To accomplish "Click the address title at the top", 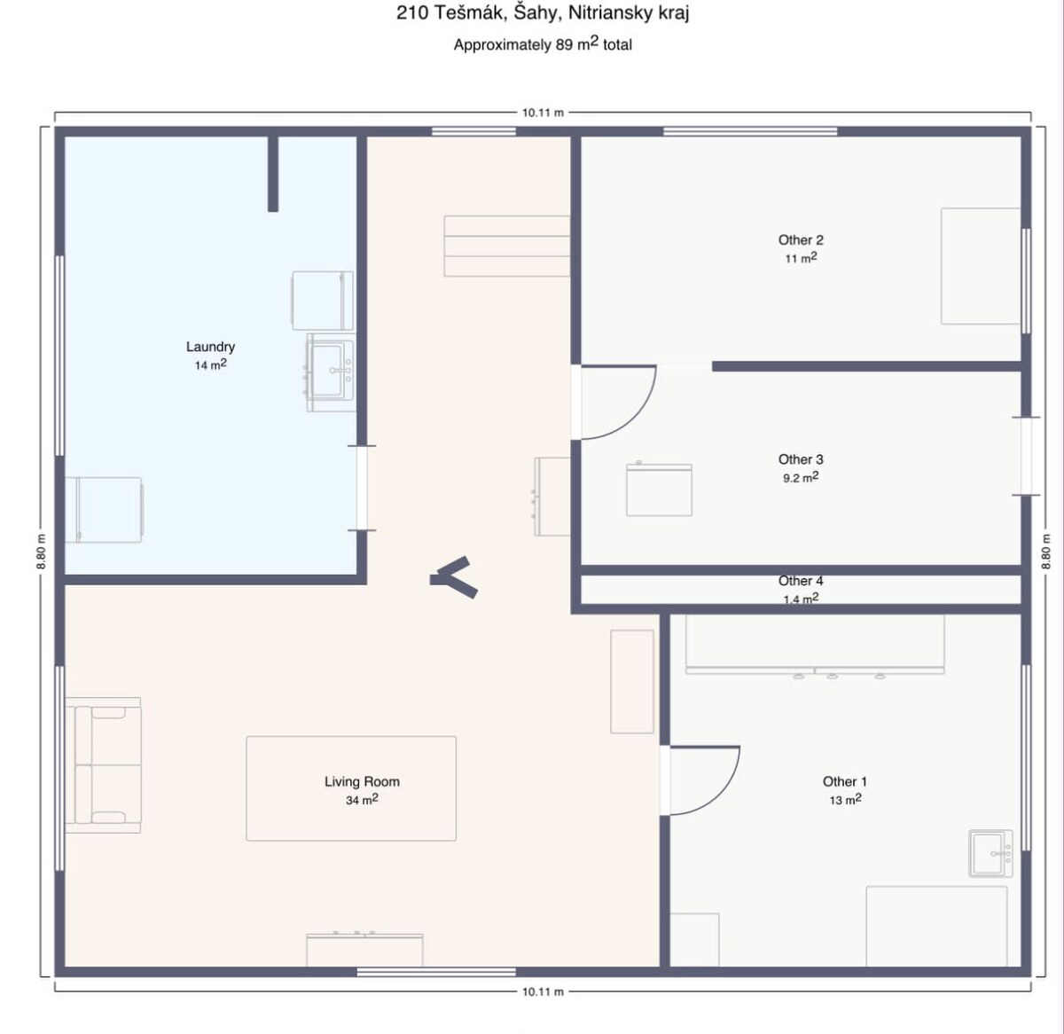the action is click(x=543, y=13).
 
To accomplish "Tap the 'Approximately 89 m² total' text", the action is click(x=543, y=43).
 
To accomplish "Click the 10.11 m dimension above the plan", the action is click(x=543, y=113).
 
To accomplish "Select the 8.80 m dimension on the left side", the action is click(x=41, y=552).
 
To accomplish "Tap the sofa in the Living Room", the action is click(x=103, y=765).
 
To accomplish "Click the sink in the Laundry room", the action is click(x=330, y=372).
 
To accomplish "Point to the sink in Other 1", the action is click(x=990, y=853).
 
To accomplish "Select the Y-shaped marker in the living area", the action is click(x=454, y=578).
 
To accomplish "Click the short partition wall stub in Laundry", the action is click(x=273, y=173).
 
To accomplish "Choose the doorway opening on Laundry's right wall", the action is click(x=362, y=488).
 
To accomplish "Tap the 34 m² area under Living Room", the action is click(x=362, y=800).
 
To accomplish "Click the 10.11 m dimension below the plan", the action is click(x=543, y=992).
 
